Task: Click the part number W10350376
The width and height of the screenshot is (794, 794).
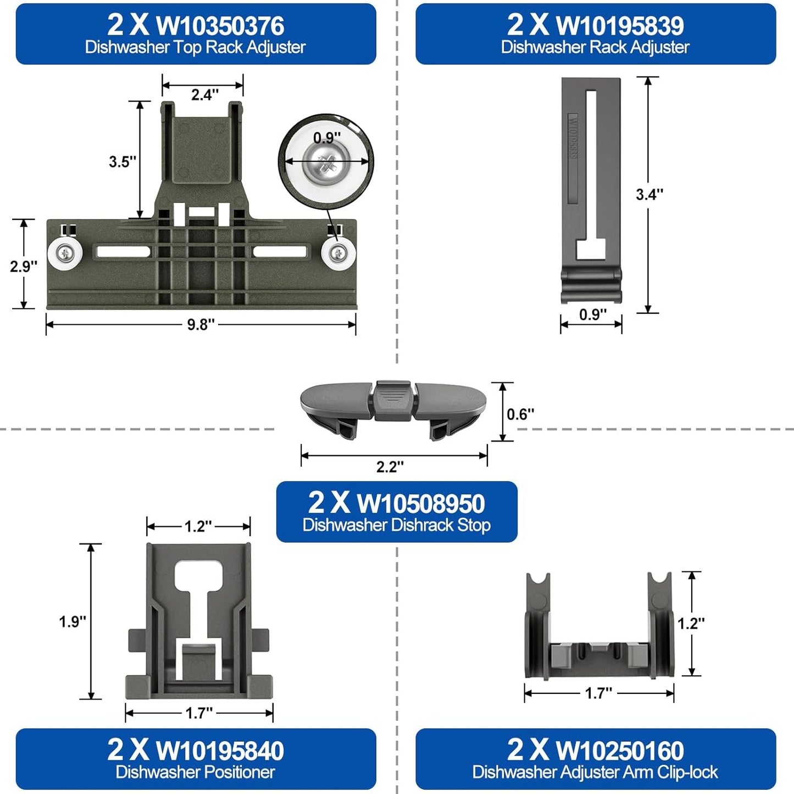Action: (220, 25)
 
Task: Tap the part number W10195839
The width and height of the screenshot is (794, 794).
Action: (620, 25)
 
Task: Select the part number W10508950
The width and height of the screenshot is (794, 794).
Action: (420, 503)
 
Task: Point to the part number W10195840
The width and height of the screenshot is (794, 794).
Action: (220, 751)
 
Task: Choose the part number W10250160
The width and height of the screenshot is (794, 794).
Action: (620, 751)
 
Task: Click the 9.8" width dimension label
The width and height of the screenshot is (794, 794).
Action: (201, 325)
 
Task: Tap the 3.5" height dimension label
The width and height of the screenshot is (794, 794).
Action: (123, 162)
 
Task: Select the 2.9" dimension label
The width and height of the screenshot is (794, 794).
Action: (24, 266)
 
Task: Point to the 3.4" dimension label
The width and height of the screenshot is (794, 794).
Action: (649, 194)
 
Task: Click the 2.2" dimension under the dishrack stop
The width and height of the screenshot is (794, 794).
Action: (390, 467)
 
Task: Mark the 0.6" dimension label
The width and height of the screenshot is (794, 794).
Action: (520, 414)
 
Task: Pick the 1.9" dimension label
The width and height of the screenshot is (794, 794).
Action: (73, 622)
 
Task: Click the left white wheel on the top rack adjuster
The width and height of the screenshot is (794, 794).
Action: (65, 253)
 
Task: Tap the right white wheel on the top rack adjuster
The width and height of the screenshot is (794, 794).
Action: (338, 253)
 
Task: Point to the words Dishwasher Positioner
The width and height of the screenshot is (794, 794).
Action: (195, 772)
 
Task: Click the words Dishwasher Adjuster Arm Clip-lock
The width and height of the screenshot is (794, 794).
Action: (595, 772)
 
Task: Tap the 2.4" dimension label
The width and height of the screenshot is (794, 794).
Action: (204, 95)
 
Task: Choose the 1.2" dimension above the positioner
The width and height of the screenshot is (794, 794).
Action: (198, 526)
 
